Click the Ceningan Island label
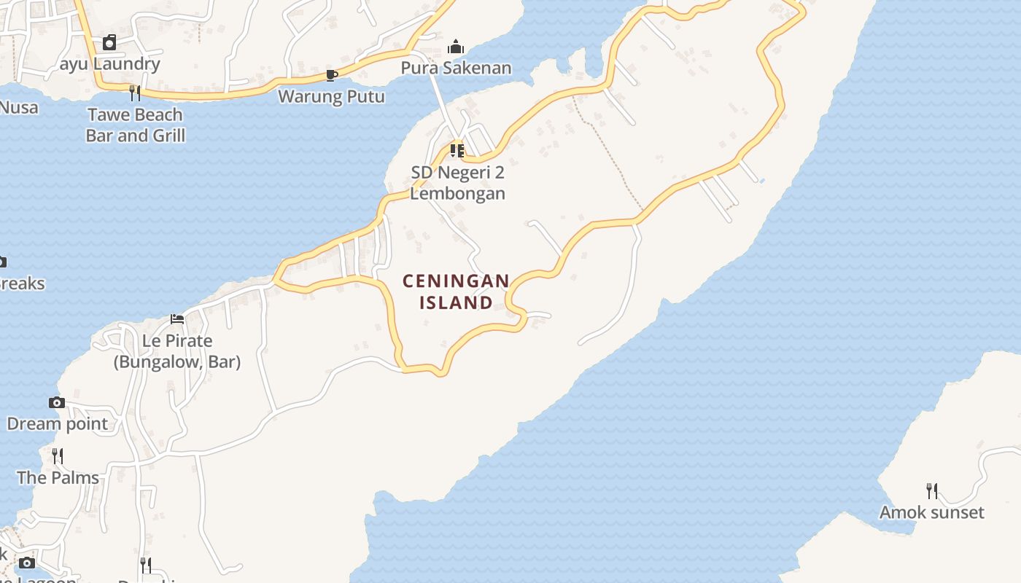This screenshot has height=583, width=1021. (456, 291)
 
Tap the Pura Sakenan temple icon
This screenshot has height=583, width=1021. (456, 47)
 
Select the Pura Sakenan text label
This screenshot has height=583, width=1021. (456, 69)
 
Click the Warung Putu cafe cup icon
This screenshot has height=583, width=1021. (332, 75)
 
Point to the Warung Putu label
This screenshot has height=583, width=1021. (331, 96)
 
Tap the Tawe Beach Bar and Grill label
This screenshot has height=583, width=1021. (136, 125)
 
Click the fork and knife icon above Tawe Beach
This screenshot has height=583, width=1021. (135, 93)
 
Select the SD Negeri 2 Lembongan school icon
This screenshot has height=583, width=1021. (457, 151)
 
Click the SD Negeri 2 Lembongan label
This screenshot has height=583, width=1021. (457, 183)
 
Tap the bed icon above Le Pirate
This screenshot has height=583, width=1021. (177, 318)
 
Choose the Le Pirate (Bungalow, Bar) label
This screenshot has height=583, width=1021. (177, 351)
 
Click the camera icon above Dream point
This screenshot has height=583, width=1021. (57, 402)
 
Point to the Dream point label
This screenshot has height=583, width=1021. (57, 423)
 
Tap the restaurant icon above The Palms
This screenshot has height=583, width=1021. (58, 456)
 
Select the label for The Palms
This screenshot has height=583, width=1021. (58, 477)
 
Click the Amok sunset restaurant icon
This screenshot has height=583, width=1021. (931, 490)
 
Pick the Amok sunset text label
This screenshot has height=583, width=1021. (931, 512)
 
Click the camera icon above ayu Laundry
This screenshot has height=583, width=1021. (109, 42)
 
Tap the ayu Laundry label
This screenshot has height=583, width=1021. (109, 64)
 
